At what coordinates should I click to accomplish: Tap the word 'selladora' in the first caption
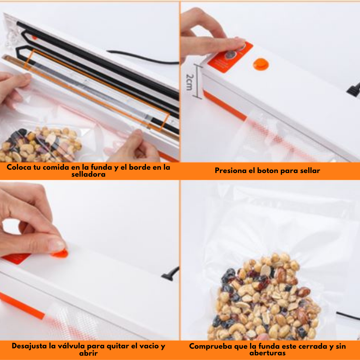pos(88,174)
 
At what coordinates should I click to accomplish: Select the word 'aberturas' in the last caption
pos(267,353)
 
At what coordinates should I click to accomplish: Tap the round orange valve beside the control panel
pos(261,64)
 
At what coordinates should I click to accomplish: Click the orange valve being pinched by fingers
pos(60,253)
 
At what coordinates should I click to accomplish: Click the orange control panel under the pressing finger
pos(230,57)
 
